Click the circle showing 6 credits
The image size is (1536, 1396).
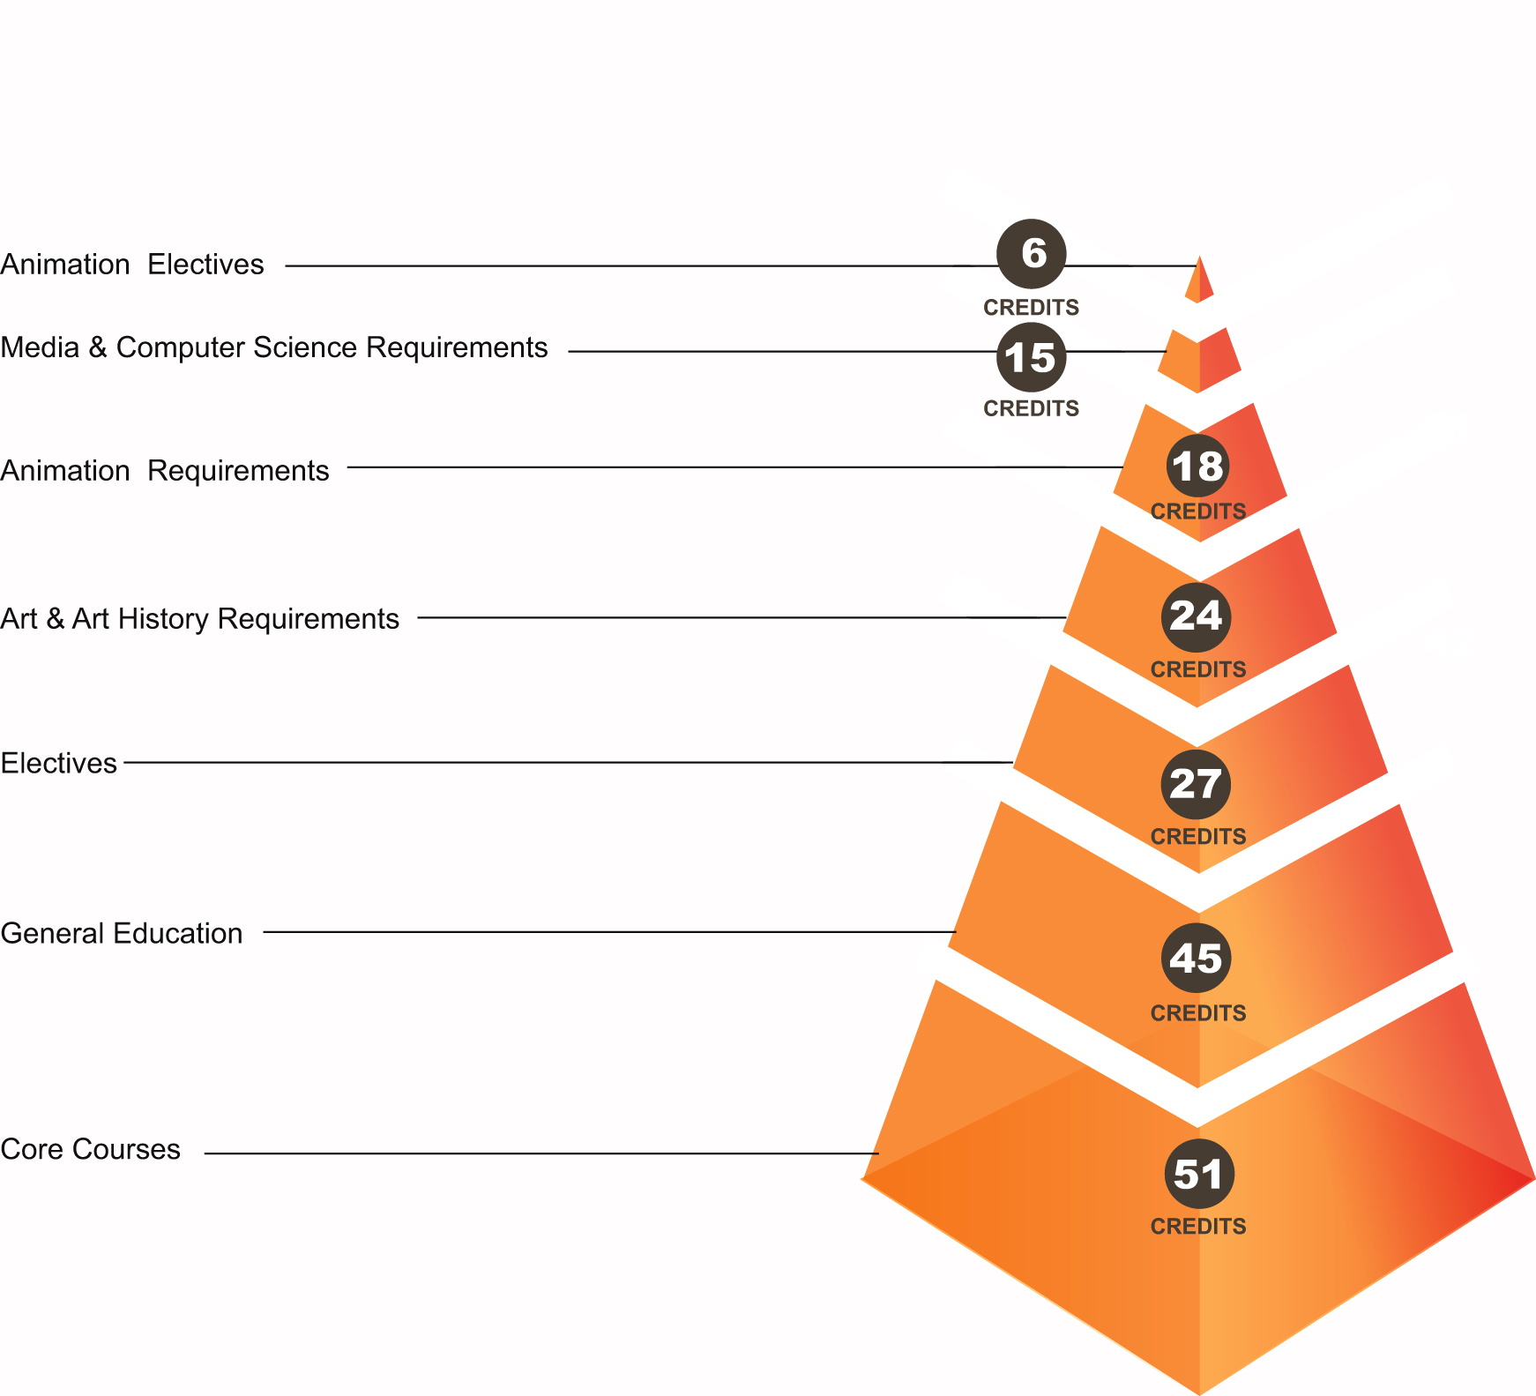click(1031, 254)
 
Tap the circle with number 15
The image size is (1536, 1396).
click(1031, 357)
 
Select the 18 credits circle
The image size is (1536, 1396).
click(1197, 466)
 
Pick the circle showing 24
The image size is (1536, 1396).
click(1196, 616)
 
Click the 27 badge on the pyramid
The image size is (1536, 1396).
click(1196, 783)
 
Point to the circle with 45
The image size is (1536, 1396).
click(1196, 958)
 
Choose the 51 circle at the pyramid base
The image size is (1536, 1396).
click(1198, 1174)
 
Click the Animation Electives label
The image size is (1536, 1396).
click(132, 265)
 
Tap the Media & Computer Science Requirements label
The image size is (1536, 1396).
click(273, 347)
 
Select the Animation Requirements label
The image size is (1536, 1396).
click(165, 471)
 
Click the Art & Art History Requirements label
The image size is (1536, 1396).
click(199, 619)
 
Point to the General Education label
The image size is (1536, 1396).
click(122, 933)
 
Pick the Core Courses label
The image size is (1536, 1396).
click(91, 1149)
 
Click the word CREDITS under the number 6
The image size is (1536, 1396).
click(1031, 308)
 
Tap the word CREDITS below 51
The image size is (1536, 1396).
click(1198, 1227)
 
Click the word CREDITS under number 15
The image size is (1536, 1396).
click(1031, 409)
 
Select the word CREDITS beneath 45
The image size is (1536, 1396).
click(1198, 1013)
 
